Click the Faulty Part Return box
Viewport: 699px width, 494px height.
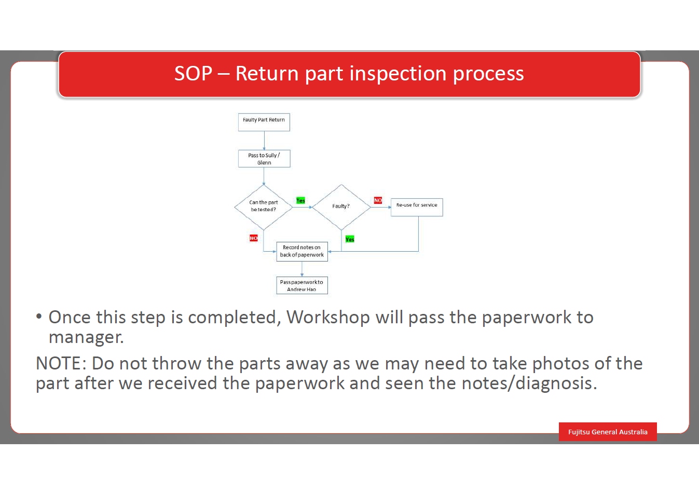264,122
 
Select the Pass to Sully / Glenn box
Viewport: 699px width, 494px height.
264,159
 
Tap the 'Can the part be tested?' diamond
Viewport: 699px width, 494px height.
264,207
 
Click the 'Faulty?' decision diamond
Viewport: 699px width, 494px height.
341,207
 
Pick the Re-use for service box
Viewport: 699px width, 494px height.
417,207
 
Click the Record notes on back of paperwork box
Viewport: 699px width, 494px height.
302,252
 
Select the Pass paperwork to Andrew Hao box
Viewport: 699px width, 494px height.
302,285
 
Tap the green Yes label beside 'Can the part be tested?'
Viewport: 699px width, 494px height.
300,200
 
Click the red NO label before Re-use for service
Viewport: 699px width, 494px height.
378,200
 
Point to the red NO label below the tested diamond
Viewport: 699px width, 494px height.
254,238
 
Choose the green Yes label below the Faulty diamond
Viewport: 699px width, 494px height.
350,239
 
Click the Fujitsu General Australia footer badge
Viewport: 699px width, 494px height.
608,432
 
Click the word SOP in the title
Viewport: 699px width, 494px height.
193,74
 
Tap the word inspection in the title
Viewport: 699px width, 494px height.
398,74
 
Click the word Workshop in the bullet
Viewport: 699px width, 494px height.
328,318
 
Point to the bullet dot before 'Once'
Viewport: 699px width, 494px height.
39,317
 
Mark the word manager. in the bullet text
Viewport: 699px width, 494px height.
86,338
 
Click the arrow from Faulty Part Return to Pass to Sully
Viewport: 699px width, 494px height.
264,141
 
